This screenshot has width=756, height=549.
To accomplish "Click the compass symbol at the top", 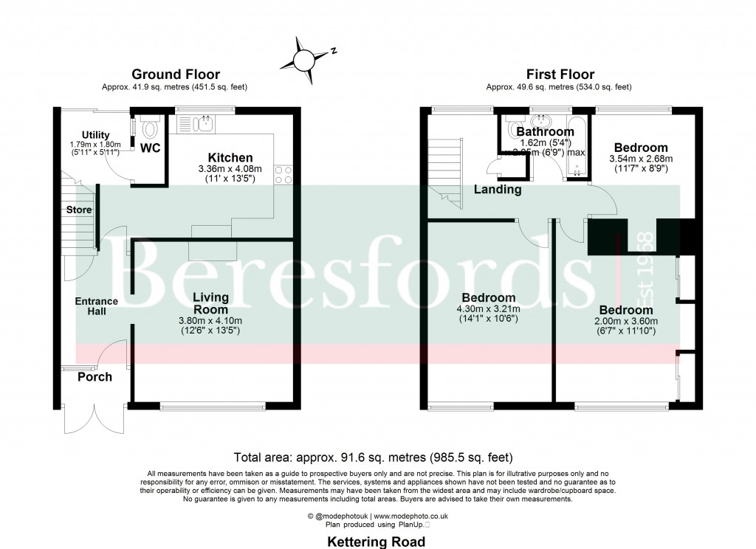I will click(303, 58).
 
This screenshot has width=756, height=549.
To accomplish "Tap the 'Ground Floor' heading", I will click(175, 74).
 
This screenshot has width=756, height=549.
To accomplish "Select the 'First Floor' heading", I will click(560, 74).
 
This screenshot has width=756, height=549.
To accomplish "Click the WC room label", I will click(151, 148).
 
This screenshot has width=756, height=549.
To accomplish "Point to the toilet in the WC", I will click(151, 128).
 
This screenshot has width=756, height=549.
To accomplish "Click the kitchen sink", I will click(205, 122).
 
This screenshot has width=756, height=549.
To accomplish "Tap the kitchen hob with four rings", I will click(283, 174).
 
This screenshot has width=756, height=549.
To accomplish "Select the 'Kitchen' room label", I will click(230, 158).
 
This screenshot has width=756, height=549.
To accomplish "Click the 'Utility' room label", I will click(95, 134).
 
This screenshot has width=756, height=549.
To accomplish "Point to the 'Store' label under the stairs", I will click(79, 210).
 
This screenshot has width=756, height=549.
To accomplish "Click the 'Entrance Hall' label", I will click(96, 306).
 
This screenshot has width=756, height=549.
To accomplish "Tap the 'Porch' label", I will click(95, 377).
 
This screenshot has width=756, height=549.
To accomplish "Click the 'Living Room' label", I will click(210, 303).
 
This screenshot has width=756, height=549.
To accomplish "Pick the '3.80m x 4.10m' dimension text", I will click(210, 320).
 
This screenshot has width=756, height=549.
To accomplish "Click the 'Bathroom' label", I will click(546, 131).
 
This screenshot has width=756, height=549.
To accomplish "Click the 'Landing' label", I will click(497, 190).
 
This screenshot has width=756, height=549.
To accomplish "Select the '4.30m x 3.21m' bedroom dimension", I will click(488, 309).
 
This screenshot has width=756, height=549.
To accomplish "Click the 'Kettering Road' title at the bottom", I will click(377, 542).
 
